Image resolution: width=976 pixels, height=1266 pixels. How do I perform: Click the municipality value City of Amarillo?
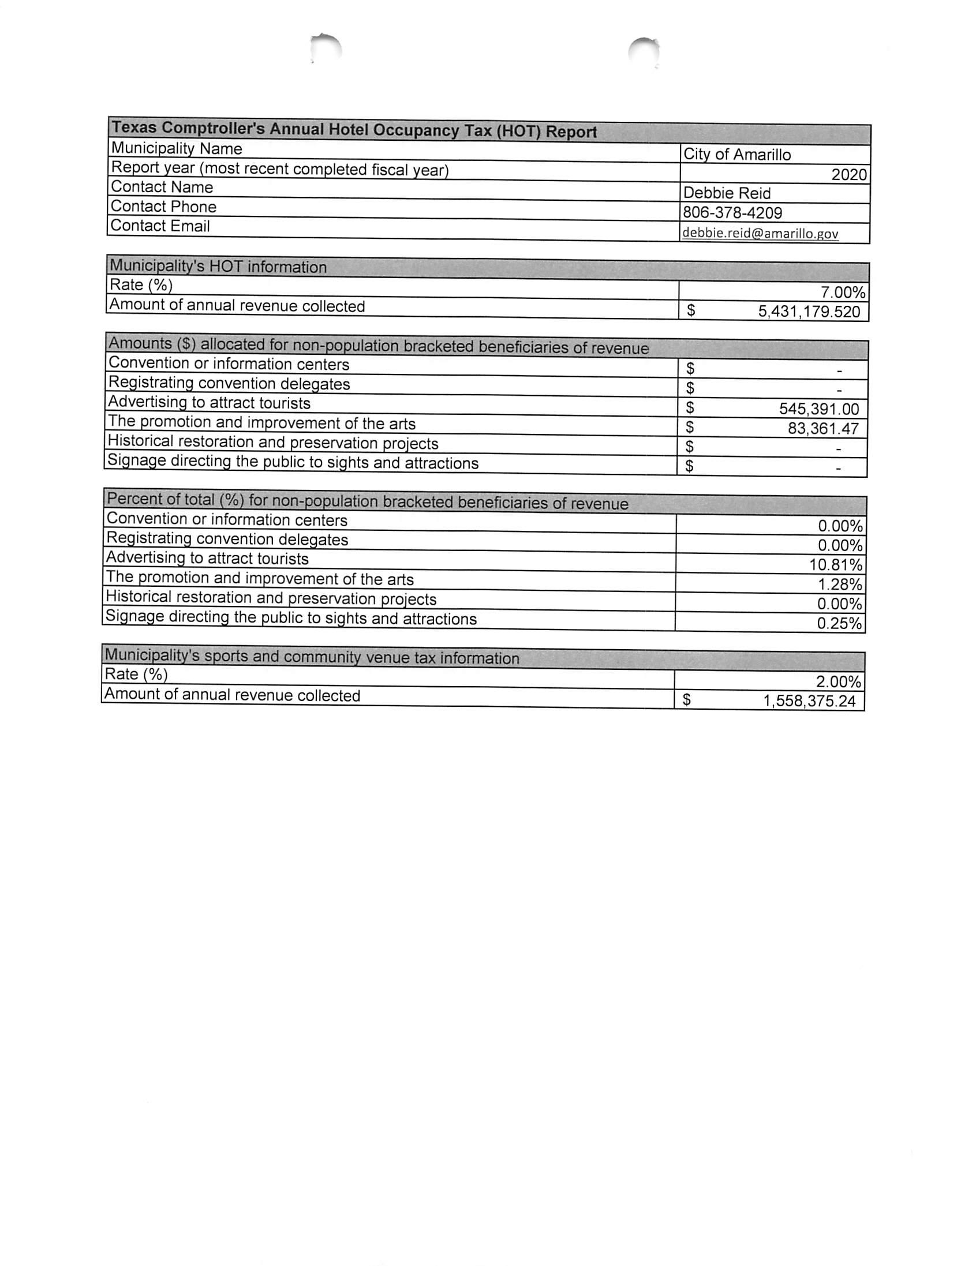pyautogui.click(x=736, y=154)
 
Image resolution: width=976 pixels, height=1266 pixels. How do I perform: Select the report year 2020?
pyautogui.click(x=848, y=174)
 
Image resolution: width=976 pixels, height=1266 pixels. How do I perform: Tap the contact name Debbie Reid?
pyautogui.click(x=727, y=193)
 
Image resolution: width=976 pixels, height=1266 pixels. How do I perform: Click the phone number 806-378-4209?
pyautogui.click(x=732, y=213)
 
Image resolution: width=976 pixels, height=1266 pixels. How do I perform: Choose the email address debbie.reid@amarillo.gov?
pyautogui.click(x=760, y=233)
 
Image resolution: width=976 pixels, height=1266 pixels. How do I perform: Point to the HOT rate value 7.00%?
pyautogui.click(x=843, y=291)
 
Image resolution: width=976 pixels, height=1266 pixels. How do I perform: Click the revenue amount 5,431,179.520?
pyautogui.click(x=809, y=312)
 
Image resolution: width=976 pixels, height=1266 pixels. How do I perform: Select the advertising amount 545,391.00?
pyautogui.click(x=819, y=409)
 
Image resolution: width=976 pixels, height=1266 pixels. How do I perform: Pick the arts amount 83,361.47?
pyautogui.click(x=823, y=429)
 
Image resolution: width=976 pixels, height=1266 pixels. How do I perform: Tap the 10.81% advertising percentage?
pyautogui.click(x=836, y=564)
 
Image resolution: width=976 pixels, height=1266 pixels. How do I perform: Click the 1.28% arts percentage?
pyautogui.click(x=840, y=585)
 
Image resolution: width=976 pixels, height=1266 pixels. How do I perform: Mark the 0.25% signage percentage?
pyautogui.click(x=839, y=624)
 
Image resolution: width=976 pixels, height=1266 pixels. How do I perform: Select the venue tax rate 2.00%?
pyautogui.click(x=839, y=681)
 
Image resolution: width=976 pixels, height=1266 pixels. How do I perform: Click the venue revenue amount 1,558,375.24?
pyautogui.click(x=809, y=702)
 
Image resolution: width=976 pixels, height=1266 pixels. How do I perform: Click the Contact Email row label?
pyautogui.click(x=160, y=226)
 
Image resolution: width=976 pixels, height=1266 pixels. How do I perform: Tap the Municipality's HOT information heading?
pyautogui.click(x=218, y=267)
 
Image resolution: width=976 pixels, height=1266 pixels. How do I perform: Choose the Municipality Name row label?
pyautogui.click(x=176, y=148)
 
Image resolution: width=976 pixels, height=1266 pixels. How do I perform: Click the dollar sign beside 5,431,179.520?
pyautogui.click(x=691, y=310)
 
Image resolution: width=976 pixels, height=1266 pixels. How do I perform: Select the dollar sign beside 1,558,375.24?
pyautogui.click(x=687, y=701)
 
